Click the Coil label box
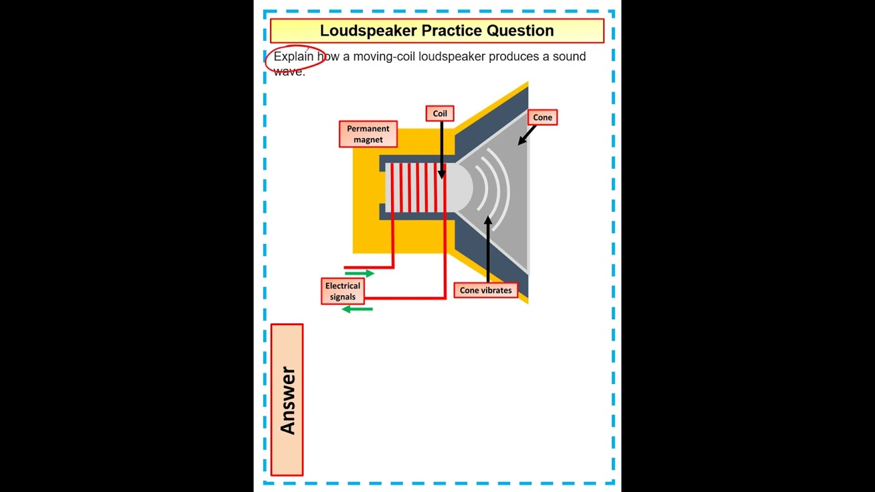[x=440, y=113]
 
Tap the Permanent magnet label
[x=368, y=134]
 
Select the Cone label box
[x=542, y=118]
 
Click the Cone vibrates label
[x=485, y=290]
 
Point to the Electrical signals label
[x=342, y=291]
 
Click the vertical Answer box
[x=287, y=400]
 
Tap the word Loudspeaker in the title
[x=368, y=31]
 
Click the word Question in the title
[x=520, y=31]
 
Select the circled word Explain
[x=293, y=57]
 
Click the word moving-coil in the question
[x=384, y=57]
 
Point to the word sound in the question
[x=569, y=57]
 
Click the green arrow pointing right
[x=360, y=273]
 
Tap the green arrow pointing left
[x=357, y=309]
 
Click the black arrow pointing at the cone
[x=526, y=135]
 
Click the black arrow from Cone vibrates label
[x=488, y=249]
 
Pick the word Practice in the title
[x=450, y=31]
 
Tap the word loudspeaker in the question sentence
[x=452, y=57]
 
